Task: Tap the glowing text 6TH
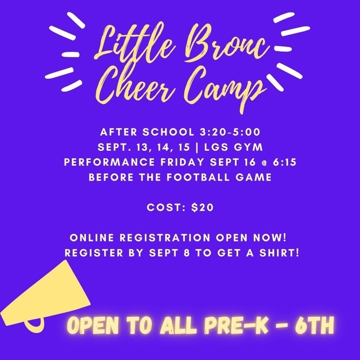tap(314, 326)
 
